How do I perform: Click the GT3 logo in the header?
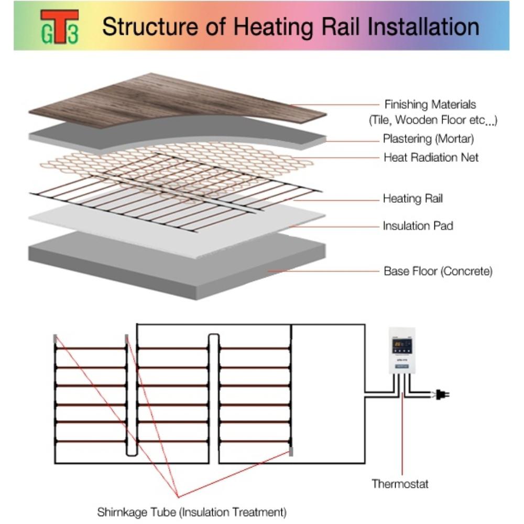[x=59, y=26]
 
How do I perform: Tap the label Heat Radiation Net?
[x=431, y=157]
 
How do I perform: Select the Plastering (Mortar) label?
[x=428, y=139]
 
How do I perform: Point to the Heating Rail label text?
[x=413, y=199]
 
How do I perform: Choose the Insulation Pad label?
[x=418, y=226]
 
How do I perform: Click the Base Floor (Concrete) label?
[x=438, y=271]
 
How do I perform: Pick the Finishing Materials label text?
[x=430, y=104]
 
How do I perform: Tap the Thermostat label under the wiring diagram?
[x=400, y=483]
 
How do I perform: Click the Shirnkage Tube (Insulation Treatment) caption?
[x=192, y=511]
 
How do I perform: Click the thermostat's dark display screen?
[x=402, y=345]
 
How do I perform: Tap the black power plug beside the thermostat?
[x=442, y=395]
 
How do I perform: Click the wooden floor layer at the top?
[x=157, y=100]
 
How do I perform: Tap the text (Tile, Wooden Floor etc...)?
[x=433, y=121]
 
